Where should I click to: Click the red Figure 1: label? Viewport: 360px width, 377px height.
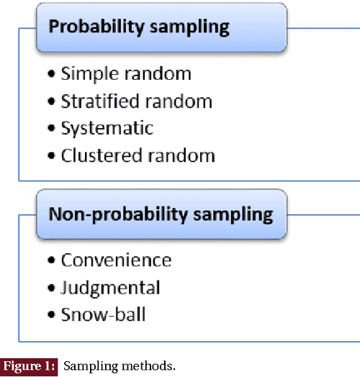29,366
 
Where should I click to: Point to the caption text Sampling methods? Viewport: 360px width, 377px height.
119,366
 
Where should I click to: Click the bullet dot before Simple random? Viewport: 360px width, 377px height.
51,75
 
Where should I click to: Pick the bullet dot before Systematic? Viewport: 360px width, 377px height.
51,130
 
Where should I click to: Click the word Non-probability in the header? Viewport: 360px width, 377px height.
99,214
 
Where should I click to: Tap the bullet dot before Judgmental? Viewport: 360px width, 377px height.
51,289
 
